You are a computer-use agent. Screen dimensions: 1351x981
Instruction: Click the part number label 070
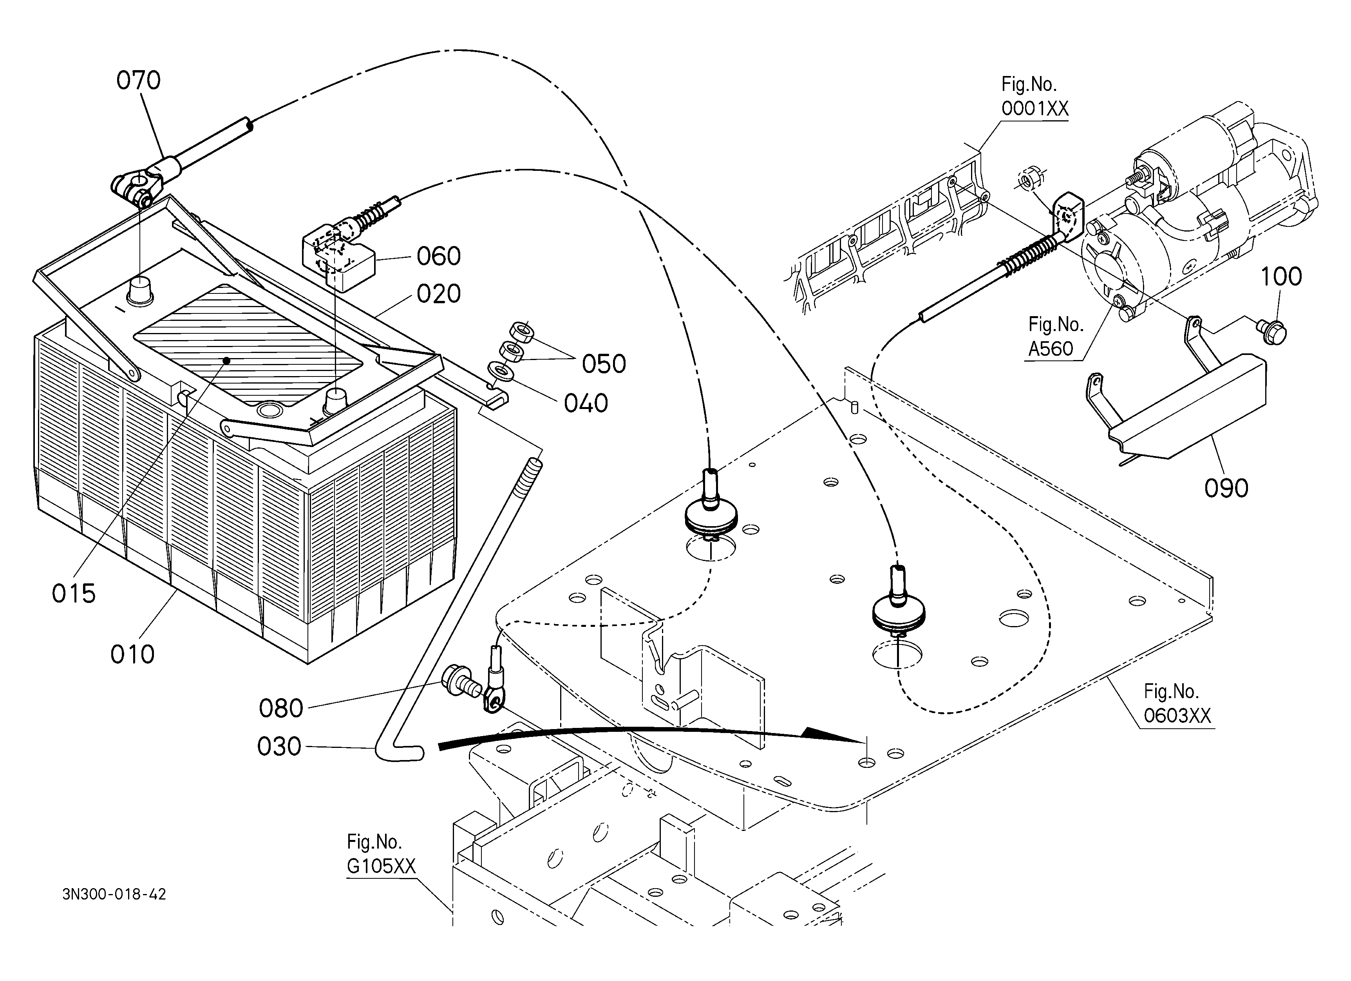coord(138,80)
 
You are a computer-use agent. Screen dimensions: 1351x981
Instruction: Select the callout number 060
coord(438,256)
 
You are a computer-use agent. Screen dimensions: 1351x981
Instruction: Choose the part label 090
coord(1226,489)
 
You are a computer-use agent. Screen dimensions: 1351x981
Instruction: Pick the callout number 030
coord(279,746)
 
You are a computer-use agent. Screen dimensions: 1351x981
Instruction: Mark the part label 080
coord(281,708)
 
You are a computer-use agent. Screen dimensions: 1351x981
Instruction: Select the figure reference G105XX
coord(381,866)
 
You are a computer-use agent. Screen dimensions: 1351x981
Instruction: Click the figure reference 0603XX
coord(1177,715)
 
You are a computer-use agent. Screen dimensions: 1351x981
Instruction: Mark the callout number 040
coord(586,403)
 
